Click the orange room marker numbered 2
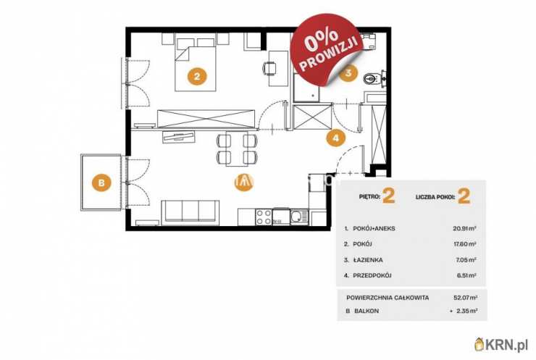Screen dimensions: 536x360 (197, 76)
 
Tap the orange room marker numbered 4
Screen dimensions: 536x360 (336, 138)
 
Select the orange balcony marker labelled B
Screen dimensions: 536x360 (101, 183)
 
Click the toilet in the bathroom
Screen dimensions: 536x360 (371, 79)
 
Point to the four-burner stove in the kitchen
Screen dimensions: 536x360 (264, 217)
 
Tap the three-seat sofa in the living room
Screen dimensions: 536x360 (190, 212)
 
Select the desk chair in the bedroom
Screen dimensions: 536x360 (269, 68)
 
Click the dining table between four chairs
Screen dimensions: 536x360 (237, 148)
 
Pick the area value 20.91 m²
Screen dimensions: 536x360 (465, 228)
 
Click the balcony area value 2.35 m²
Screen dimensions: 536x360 (466, 311)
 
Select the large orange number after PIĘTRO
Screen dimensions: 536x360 (389, 196)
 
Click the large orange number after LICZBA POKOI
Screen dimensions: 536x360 (464, 196)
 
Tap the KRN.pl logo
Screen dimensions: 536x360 (501, 345)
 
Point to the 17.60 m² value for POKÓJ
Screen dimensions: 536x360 (465, 244)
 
